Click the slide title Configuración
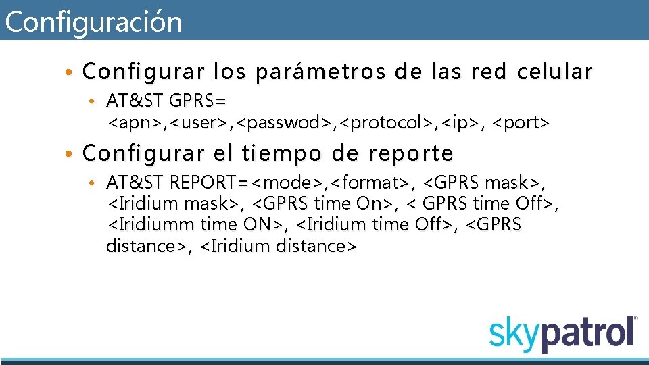tap(93, 22)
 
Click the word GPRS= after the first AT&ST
tap(198, 101)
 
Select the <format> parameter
tap(370, 182)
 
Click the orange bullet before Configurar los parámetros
tap(70, 72)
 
